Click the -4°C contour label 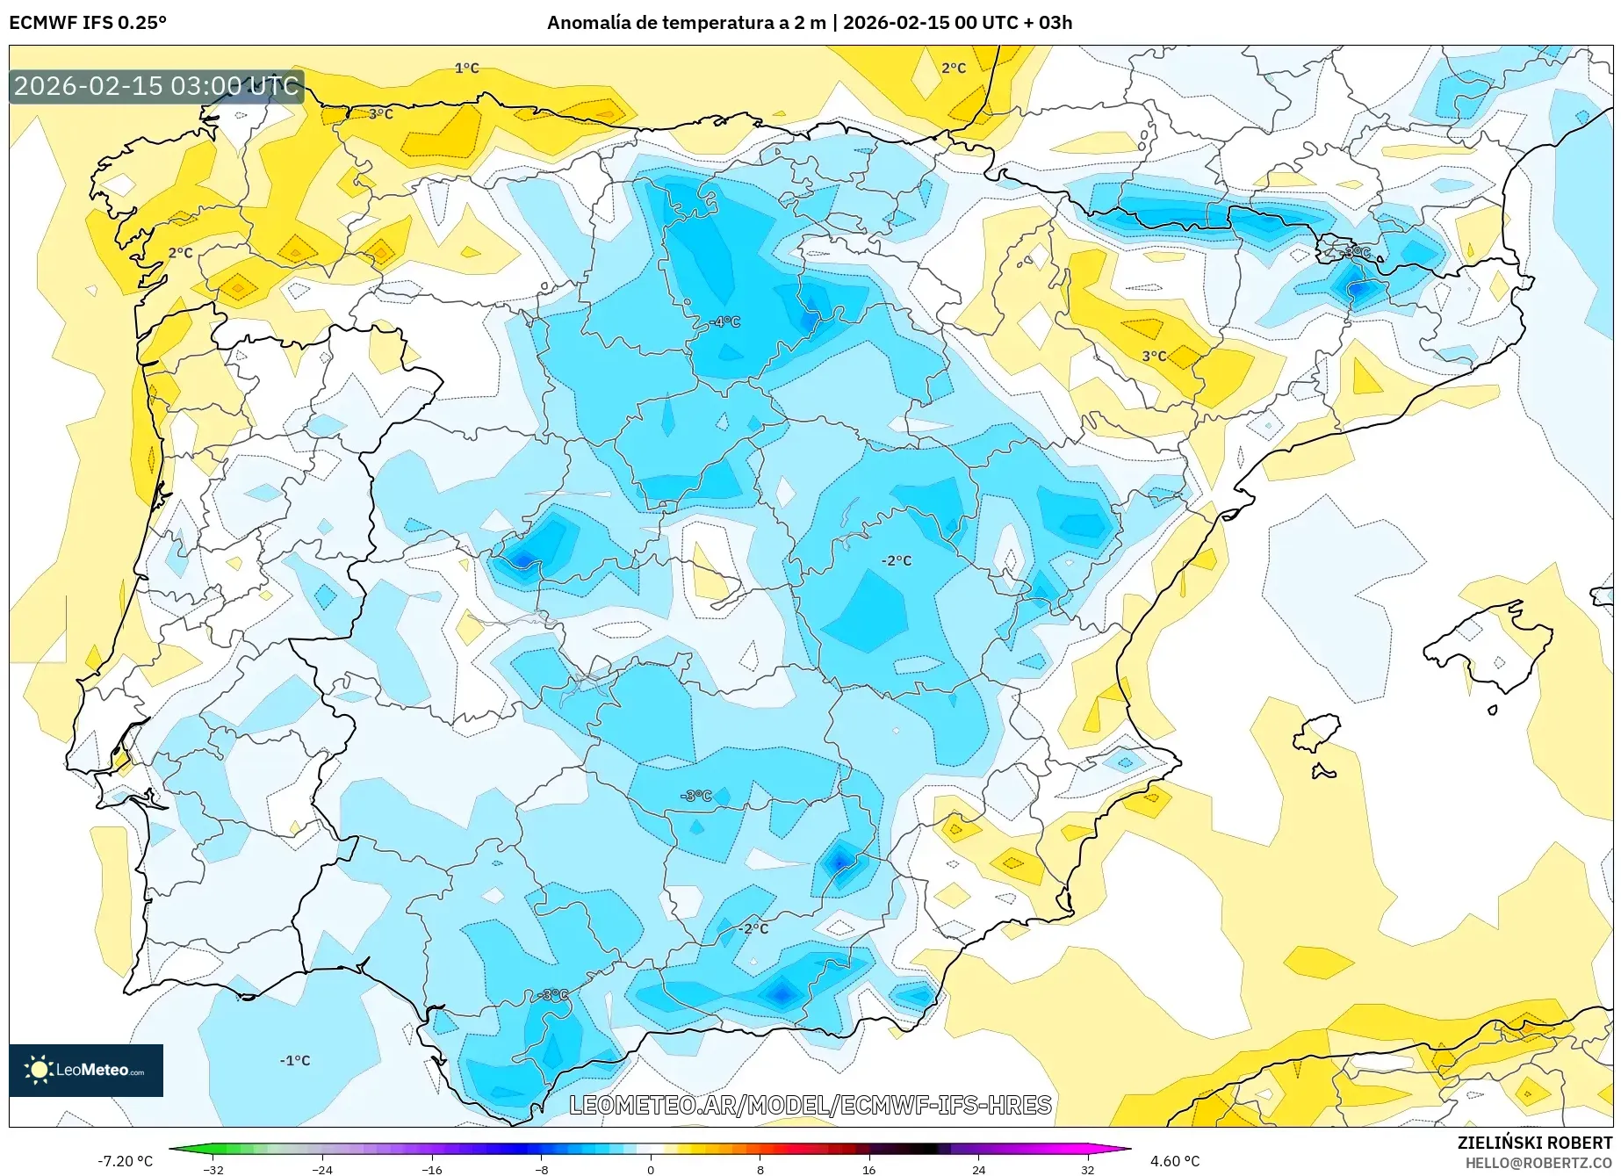coord(725,322)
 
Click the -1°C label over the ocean coord(295,1060)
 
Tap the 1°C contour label coord(466,68)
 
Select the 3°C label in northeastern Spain coord(1154,356)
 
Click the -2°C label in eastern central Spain coord(897,560)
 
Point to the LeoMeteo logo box coord(86,1070)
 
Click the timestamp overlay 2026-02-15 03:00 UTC coord(156,86)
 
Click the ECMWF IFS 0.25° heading coord(88,23)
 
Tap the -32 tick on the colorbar coord(213,1169)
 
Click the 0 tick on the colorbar coord(651,1169)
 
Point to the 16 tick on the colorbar coord(868,1169)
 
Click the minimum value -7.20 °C coord(125,1161)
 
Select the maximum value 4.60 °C coord(1175,1161)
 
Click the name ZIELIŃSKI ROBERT coord(1535,1143)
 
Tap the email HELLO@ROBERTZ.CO coord(1538,1163)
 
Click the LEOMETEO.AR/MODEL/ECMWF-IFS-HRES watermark coord(810,1105)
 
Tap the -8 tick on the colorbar coord(542,1169)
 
